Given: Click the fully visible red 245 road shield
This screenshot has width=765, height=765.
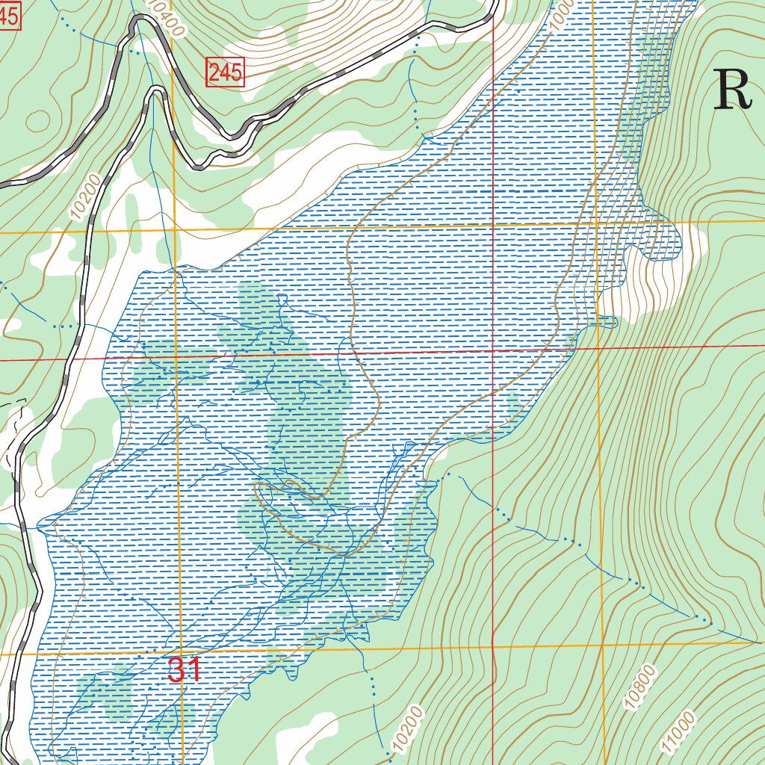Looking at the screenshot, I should tap(225, 72).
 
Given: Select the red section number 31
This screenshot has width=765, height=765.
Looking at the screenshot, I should tap(184, 670).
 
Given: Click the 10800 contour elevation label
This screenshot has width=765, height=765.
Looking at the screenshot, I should tap(640, 686).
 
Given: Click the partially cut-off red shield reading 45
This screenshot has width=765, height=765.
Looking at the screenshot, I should tap(8, 17).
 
